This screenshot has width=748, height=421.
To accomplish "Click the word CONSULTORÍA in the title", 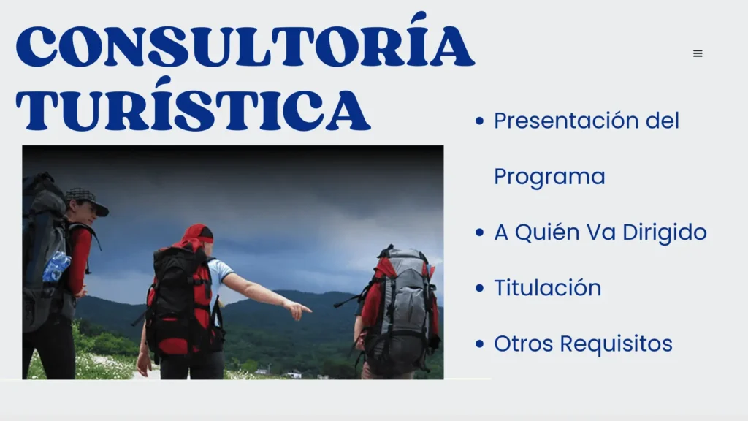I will pyautogui.click(x=245, y=45).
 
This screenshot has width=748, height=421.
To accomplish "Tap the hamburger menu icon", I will pyautogui.click(x=698, y=53).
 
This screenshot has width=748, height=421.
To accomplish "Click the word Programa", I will pyautogui.click(x=549, y=177).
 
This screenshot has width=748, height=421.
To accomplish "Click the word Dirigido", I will pyautogui.click(x=664, y=232).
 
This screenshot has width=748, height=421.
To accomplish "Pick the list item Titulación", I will pyautogui.click(x=547, y=288).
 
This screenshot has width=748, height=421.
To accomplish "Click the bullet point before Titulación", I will pyautogui.click(x=479, y=288).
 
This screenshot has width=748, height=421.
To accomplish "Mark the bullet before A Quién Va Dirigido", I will pyautogui.click(x=479, y=232).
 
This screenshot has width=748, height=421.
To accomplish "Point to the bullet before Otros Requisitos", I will pyautogui.click(x=479, y=344).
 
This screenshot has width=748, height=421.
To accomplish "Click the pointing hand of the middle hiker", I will pyautogui.click(x=299, y=311).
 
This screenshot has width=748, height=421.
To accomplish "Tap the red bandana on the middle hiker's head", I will pyautogui.click(x=196, y=234).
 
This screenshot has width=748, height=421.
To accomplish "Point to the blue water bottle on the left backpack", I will pyautogui.click(x=56, y=267).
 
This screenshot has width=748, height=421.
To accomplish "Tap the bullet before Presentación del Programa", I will pyautogui.click(x=479, y=121).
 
